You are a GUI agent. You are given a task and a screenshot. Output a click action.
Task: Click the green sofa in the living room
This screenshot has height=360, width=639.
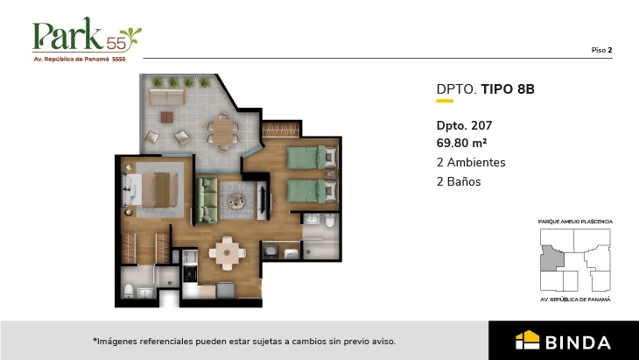coord(207,201)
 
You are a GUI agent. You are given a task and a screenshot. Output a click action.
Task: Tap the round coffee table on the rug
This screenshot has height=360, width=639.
coord(236,201)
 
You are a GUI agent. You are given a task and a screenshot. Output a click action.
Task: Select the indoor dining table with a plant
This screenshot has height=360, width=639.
coord(227,253)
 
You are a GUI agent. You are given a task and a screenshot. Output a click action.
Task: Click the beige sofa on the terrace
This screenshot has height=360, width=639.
coord(166,97)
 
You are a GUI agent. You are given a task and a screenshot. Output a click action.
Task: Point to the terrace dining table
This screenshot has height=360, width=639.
coord(222,132)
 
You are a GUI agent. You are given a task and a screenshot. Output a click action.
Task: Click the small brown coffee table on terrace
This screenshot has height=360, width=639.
coord(166,117)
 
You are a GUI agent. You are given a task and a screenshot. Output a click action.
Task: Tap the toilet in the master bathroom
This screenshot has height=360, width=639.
coord(129,291)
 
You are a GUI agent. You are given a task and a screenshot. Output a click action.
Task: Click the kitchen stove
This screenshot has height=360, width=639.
coord(189,274)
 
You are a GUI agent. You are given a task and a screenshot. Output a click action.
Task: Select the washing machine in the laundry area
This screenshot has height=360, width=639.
coord(270,251)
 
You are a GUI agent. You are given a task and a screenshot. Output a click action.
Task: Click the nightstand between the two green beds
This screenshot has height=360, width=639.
coord(332,174)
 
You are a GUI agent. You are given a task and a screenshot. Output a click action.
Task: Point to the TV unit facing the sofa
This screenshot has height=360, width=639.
coord(263,201)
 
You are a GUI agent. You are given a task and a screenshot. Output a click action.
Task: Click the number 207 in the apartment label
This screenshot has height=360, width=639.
coord(481,125)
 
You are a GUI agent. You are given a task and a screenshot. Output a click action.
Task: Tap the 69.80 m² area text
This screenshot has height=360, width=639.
coord(461,143)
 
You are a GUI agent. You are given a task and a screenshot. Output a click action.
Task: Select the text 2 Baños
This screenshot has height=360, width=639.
coord(459,181)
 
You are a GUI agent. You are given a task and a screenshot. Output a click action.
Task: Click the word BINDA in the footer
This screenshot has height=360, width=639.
coord(578,342)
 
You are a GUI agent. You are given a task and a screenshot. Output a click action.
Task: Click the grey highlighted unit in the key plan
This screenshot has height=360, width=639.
coord(552,258)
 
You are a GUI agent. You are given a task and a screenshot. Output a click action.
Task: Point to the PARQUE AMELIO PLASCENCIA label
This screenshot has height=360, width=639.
coord(575,222)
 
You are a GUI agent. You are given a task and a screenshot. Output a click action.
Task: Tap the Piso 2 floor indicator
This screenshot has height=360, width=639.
coord(601,50)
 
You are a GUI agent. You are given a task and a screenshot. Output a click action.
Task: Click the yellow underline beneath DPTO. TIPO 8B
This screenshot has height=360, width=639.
coord(445,101)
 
